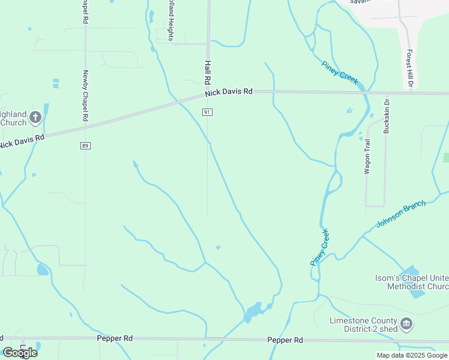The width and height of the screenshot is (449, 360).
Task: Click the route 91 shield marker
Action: coord(207,112)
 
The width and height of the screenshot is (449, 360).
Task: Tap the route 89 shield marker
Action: coord(85,146)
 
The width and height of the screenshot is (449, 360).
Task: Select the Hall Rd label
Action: coord(208,72)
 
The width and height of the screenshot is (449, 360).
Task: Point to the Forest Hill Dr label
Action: coord(410,68)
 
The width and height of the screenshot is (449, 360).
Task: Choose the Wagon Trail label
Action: coord(367,156)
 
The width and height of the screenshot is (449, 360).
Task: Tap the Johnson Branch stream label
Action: coord(400,214)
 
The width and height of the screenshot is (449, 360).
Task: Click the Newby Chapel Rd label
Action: coord(85,97)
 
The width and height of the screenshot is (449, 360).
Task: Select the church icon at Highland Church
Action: coord(35,118)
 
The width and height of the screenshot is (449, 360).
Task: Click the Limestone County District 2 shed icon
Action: coord(407,325)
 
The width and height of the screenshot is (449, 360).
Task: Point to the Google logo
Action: coord(20,353)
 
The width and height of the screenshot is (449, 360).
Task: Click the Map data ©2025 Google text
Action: coord(412,355)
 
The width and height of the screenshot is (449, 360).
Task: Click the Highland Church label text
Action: coord(13,118)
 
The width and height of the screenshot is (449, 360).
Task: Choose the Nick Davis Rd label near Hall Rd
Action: coord(229,92)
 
